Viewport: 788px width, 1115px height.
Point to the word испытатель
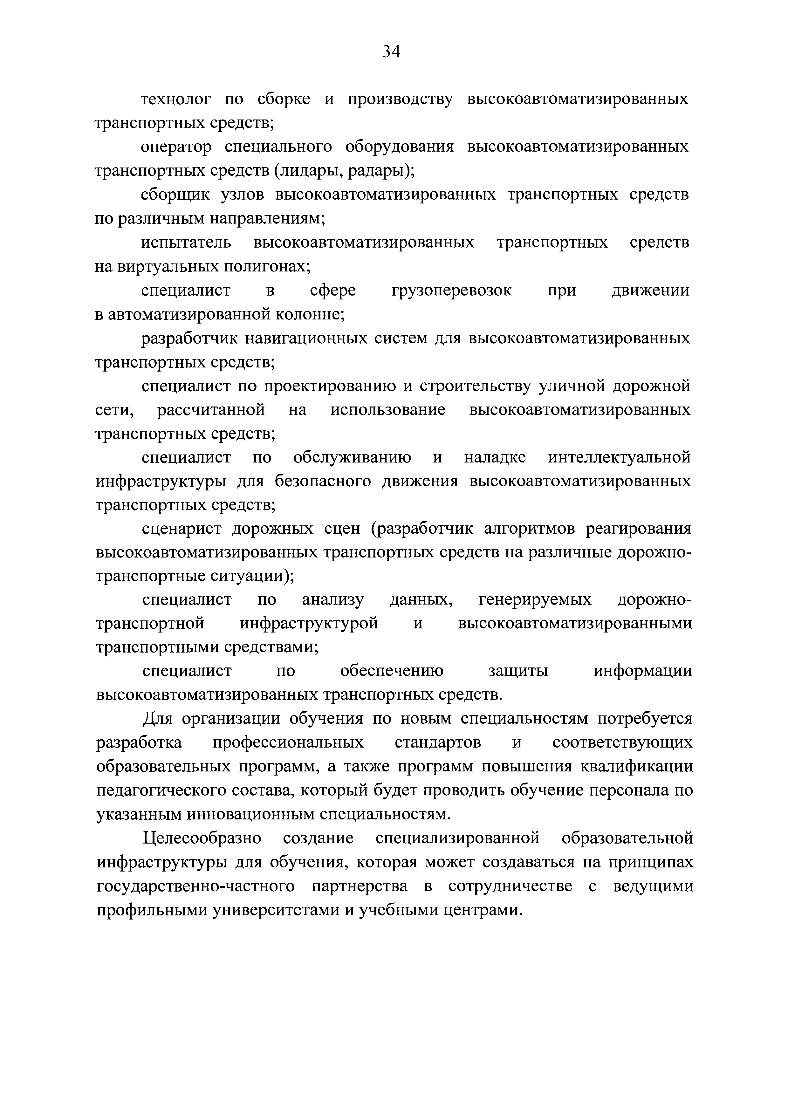pyautogui.click(x=186, y=242)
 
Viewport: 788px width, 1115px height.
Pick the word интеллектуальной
pyautogui.click(x=619, y=457)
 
